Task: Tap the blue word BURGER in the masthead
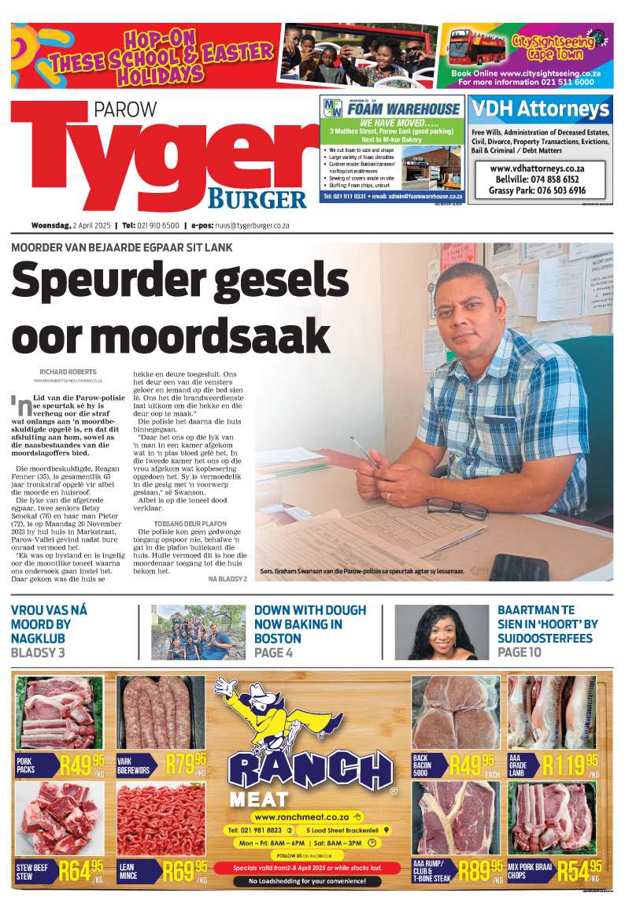(x=257, y=198)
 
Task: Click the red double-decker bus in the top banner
(x=477, y=46)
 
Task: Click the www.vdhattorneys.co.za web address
(x=537, y=169)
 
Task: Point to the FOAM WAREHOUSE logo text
(x=400, y=109)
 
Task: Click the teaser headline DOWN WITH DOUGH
(x=309, y=610)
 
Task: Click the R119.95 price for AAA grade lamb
(x=570, y=764)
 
